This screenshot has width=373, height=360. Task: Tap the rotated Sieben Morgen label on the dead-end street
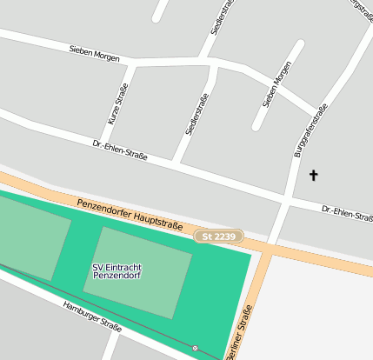276,85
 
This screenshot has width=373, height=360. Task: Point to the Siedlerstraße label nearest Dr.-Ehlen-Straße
197,115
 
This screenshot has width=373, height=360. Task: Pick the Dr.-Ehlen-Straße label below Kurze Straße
120,150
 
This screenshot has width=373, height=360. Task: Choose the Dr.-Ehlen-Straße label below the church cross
347,212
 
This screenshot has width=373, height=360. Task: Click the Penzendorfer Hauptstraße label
130,214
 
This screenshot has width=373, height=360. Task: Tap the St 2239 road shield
218,237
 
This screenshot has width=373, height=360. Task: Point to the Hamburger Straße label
91,315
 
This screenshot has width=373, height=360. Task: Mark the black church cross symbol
314,176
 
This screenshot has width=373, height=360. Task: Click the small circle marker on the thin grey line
195,348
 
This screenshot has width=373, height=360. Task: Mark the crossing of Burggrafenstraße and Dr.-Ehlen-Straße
288,201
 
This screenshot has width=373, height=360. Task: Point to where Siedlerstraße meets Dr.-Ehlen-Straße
176,163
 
